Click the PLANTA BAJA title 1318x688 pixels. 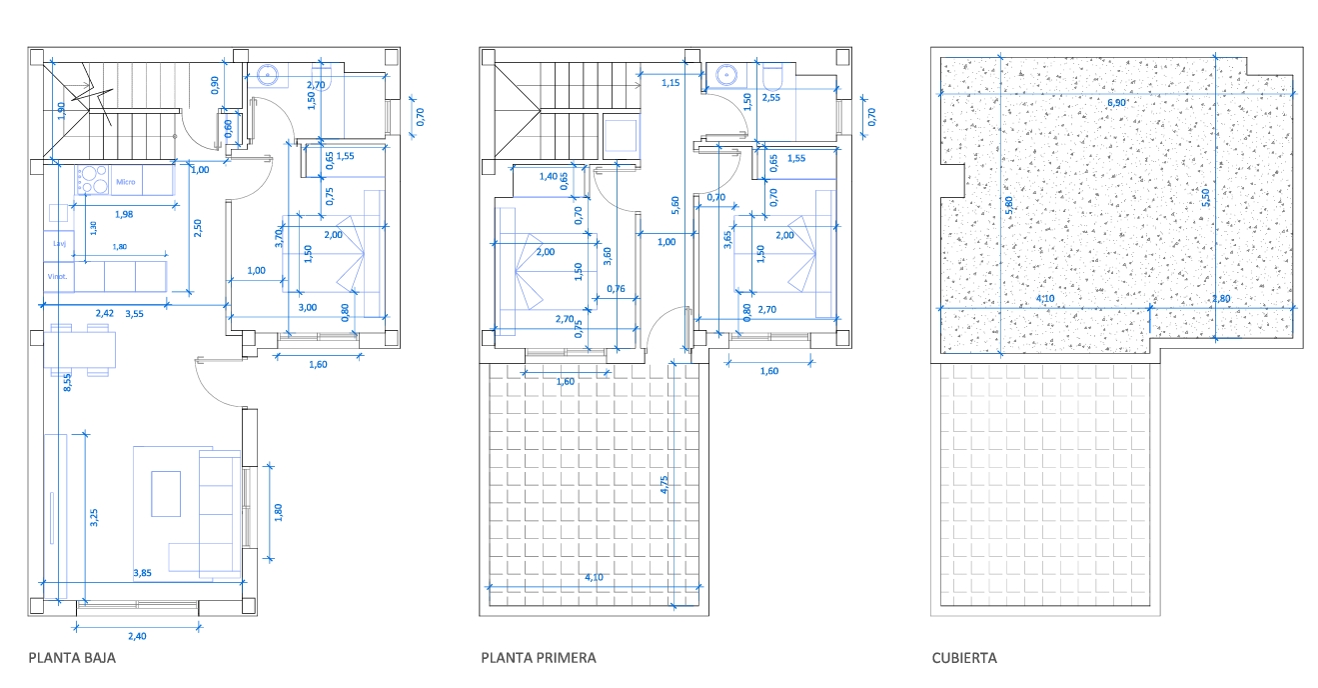(72, 658)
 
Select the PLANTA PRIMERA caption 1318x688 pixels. (539, 658)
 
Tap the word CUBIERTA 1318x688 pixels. (964, 658)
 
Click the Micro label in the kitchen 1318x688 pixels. (126, 182)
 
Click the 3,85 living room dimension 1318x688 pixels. (143, 573)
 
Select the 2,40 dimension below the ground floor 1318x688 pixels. (136, 636)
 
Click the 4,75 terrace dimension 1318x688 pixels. (664, 486)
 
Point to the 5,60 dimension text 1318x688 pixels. (676, 205)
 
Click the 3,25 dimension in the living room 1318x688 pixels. (94, 518)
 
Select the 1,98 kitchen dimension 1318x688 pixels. (124, 214)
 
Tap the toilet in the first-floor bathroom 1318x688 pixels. (775, 76)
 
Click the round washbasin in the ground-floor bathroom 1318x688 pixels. (268, 74)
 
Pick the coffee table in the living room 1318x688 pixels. (166, 494)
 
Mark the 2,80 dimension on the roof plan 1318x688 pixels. (1221, 298)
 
